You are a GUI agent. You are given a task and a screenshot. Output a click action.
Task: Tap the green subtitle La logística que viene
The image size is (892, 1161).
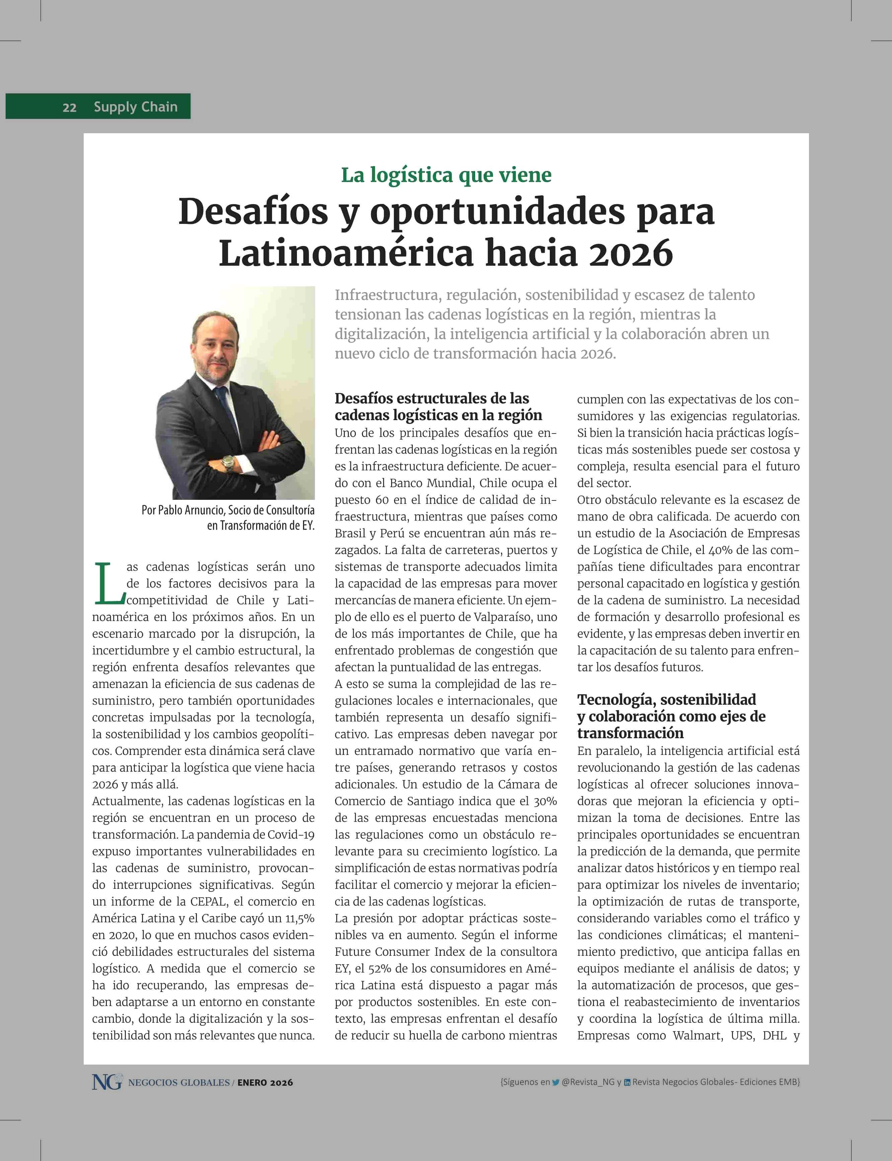coord(446,175)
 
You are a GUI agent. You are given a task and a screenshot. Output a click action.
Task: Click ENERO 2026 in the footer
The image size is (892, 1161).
coord(265,1082)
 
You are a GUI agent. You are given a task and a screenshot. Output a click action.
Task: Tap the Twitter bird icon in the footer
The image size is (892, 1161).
coord(555,1082)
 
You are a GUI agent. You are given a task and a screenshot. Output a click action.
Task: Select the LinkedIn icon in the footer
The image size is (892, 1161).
coord(627,1082)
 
